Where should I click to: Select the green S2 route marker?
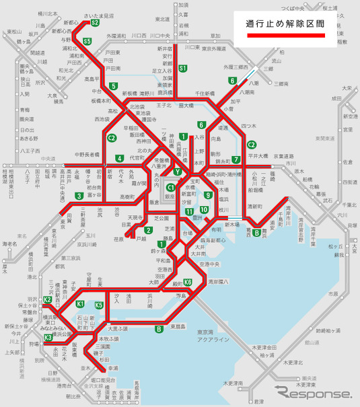[x=95, y=22]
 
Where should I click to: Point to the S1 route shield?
[x=182, y=67]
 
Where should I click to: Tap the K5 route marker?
[x=99, y=305]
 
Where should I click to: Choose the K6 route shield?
[x=188, y=282]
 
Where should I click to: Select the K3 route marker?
[x=48, y=337]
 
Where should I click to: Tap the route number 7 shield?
[x=236, y=159]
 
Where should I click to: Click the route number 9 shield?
[x=208, y=195]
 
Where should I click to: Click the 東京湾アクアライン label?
[x=215, y=334]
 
